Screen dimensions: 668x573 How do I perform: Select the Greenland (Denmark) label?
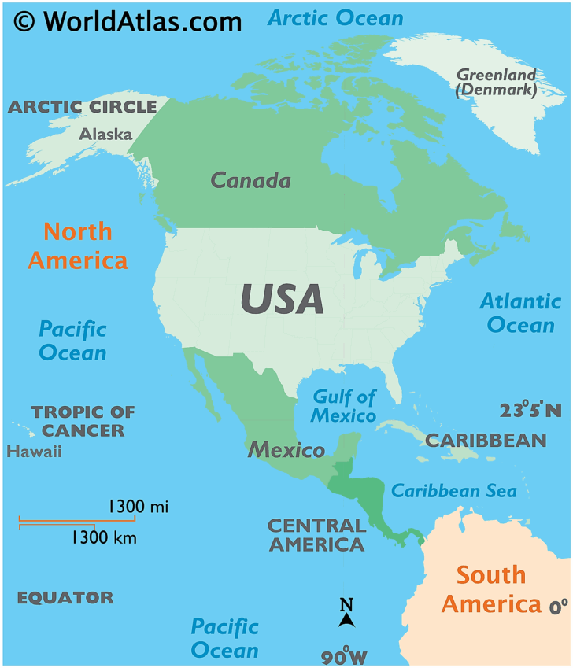(497, 83)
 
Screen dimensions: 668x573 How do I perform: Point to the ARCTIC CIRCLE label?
(83, 107)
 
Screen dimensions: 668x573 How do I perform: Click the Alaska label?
(105, 134)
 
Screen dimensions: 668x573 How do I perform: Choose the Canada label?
(250, 180)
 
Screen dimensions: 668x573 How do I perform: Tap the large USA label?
(282, 299)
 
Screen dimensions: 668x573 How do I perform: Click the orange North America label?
(78, 245)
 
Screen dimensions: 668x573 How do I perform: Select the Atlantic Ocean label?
(520, 312)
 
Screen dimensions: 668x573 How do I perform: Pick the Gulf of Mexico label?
(344, 405)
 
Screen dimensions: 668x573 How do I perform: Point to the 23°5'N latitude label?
(530, 410)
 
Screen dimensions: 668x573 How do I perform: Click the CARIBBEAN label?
(486, 440)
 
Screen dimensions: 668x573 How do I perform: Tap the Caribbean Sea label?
(454, 491)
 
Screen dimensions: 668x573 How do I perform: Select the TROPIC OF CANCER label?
(83, 420)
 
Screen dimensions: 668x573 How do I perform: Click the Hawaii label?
(34, 452)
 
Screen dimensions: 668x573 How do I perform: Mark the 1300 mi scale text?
(139, 506)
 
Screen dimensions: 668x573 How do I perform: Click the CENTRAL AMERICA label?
(316, 534)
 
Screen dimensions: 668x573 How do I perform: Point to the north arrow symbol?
(346, 613)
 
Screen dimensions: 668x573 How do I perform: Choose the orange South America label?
(491, 589)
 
